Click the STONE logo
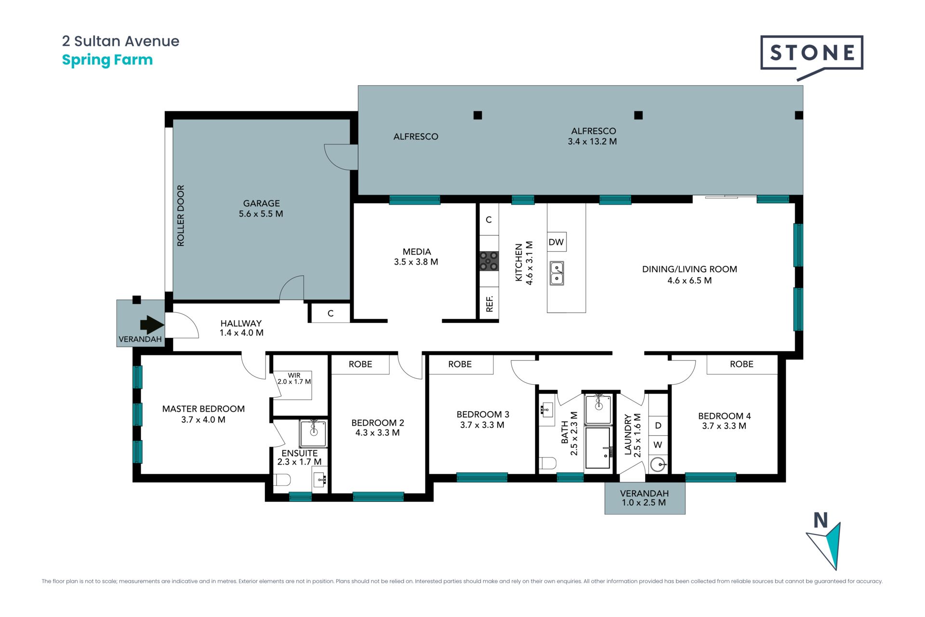pyautogui.click(x=812, y=55)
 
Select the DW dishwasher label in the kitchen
pyautogui.click(x=556, y=242)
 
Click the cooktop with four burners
pyautogui.click(x=489, y=261)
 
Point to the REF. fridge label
pyautogui.click(x=489, y=304)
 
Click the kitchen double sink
pyautogui.click(x=557, y=273)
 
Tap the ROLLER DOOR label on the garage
pyautogui.click(x=181, y=215)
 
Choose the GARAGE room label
pyautogui.click(x=261, y=203)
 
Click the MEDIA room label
pyautogui.click(x=417, y=252)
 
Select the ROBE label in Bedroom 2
pyautogui.click(x=360, y=364)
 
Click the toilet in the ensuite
pyautogui.click(x=282, y=480)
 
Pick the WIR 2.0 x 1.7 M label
pyautogui.click(x=294, y=378)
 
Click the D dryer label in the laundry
pyautogui.click(x=658, y=426)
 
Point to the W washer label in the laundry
pyautogui.click(x=658, y=445)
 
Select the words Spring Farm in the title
pyautogui.click(x=107, y=60)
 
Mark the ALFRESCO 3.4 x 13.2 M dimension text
pyautogui.click(x=593, y=136)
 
